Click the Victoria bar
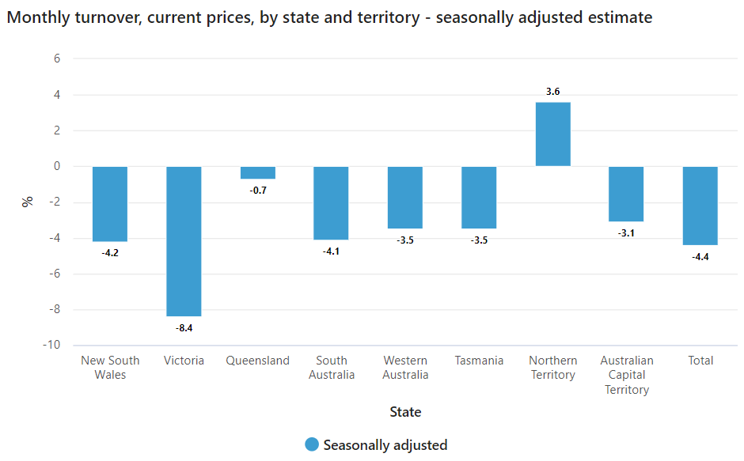click(184, 241)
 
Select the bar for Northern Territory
click(552, 134)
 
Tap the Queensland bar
click(258, 172)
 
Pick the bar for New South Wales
click(110, 204)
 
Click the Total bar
click(700, 206)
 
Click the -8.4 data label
click(184, 327)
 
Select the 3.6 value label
click(552, 92)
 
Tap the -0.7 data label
click(258, 190)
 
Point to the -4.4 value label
click(700, 256)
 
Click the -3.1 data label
click(626, 232)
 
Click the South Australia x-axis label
click(332, 368)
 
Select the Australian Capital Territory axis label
click(626, 375)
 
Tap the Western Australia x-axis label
click(405, 368)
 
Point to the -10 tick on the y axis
click(51, 346)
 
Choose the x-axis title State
click(405, 412)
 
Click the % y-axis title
click(28, 202)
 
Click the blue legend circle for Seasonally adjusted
click(312, 445)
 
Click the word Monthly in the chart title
click(36, 17)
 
